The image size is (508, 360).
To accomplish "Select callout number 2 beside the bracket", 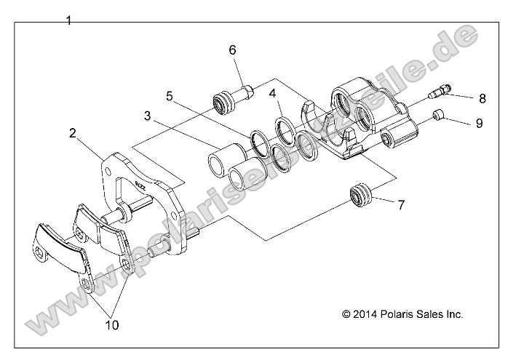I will point(73,132).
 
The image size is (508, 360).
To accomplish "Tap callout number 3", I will point(147,116).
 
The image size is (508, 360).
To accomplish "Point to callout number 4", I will point(272,94).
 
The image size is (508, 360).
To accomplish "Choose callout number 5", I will point(169,95).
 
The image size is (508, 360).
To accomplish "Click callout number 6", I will point(232,50).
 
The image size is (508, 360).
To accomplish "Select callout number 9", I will point(479,123).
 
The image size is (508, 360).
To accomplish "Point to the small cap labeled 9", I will point(437,115).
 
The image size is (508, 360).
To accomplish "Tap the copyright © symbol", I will point(346,315).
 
